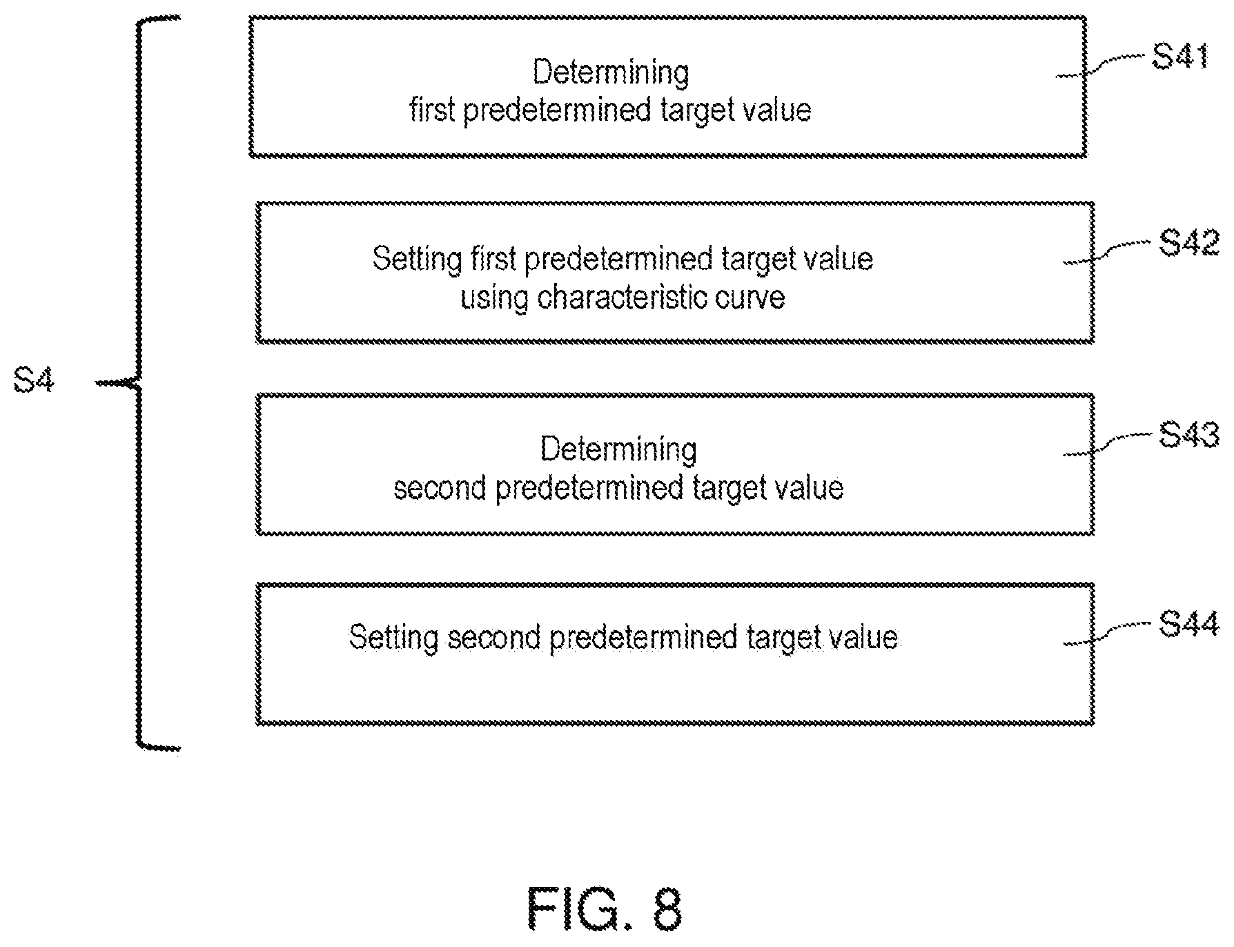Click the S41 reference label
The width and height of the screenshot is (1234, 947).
(x=1179, y=57)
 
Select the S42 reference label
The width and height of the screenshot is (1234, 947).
(x=1188, y=243)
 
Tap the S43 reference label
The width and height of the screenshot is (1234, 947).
(x=1188, y=435)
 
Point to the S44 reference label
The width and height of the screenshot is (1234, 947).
(x=1188, y=625)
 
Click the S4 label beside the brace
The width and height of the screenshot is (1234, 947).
(x=34, y=381)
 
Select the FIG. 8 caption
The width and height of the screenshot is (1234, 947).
(x=605, y=910)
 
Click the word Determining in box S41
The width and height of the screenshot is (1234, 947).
(x=611, y=73)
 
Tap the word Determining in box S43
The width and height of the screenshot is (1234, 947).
(x=618, y=450)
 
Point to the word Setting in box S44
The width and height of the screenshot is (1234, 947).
(x=393, y=638)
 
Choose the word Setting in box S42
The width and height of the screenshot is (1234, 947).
(x=417, y=260)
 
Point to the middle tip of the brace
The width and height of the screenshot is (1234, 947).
(x=97, y=382)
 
